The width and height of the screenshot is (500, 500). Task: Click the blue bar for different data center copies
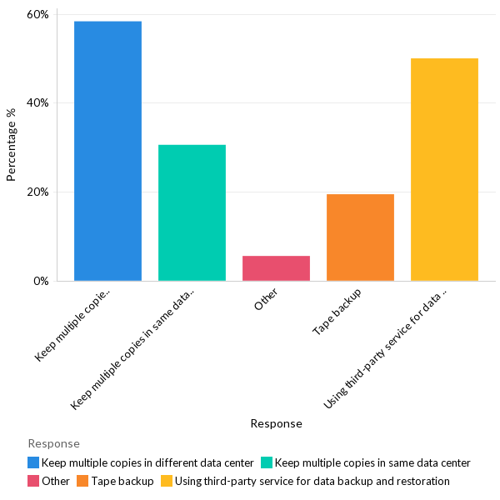click(107, 151)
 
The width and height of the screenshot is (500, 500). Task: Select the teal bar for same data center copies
click(192, 212)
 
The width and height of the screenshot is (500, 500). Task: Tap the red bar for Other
click(276, 267)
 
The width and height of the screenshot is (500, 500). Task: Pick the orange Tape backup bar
click(360, 237)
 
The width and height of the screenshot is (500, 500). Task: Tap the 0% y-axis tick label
click(42, 282)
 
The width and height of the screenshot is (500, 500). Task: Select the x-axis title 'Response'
click(276, 423)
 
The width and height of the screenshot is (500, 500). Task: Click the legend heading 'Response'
click(53, 443)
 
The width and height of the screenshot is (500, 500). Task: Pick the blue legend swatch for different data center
click(33, 462)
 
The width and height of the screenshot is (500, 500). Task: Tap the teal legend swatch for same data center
click(267, 462)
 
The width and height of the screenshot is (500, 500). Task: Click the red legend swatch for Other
click(33, 481)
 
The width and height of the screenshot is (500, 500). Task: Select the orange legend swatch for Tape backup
click(82, 481)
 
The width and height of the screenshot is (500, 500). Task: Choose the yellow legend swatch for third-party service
click(167, 481)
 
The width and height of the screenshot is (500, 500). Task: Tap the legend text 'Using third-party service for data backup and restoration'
click(312, 481)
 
